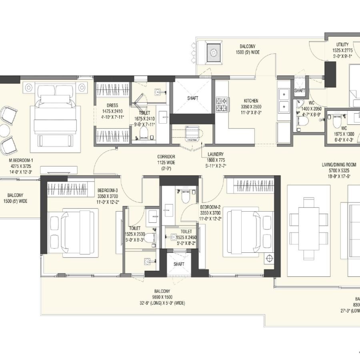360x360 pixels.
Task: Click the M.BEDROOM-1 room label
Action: tap(20, 161)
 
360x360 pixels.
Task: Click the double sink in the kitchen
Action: tap(284, 100)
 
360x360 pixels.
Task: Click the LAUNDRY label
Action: tap(215, 154)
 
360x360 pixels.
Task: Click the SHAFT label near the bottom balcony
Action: tap(178, 264)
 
